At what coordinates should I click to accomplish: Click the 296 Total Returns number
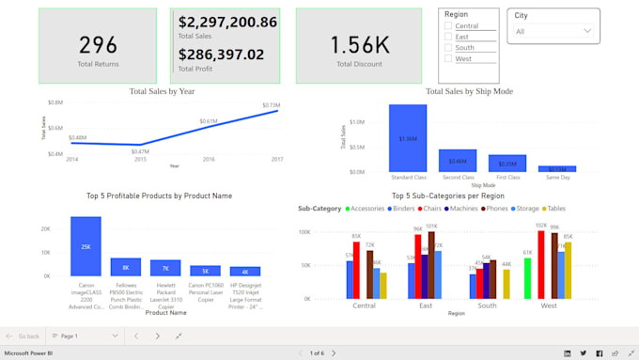point(98,44)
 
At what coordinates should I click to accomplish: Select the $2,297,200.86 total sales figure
point(227,22)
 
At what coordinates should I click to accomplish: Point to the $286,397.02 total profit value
point(221,55)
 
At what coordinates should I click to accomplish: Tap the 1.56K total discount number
point(362,44)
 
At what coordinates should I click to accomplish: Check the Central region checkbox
point(448,26)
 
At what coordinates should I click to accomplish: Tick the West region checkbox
point(448,58)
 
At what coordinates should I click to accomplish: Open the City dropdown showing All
point(553,31)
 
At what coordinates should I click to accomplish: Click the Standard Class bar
point(408,138)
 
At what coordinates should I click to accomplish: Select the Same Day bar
point(557,168)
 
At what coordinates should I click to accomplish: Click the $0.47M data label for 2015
point(140,151)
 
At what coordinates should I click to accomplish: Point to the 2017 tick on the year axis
point(277,160)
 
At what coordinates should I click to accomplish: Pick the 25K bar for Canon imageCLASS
point(86,246)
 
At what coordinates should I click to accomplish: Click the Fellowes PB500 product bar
point(126,267)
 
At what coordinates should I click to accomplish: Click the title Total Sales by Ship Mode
point(469,91)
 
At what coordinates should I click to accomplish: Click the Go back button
point(23,336)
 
